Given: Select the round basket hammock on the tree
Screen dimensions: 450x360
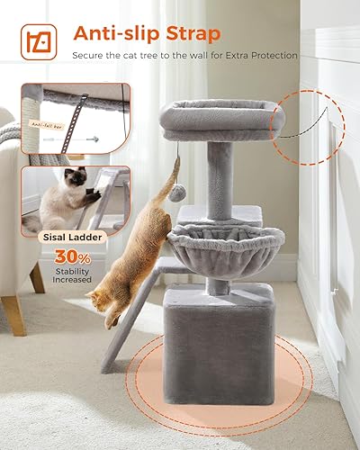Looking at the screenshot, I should click(212, 246).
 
